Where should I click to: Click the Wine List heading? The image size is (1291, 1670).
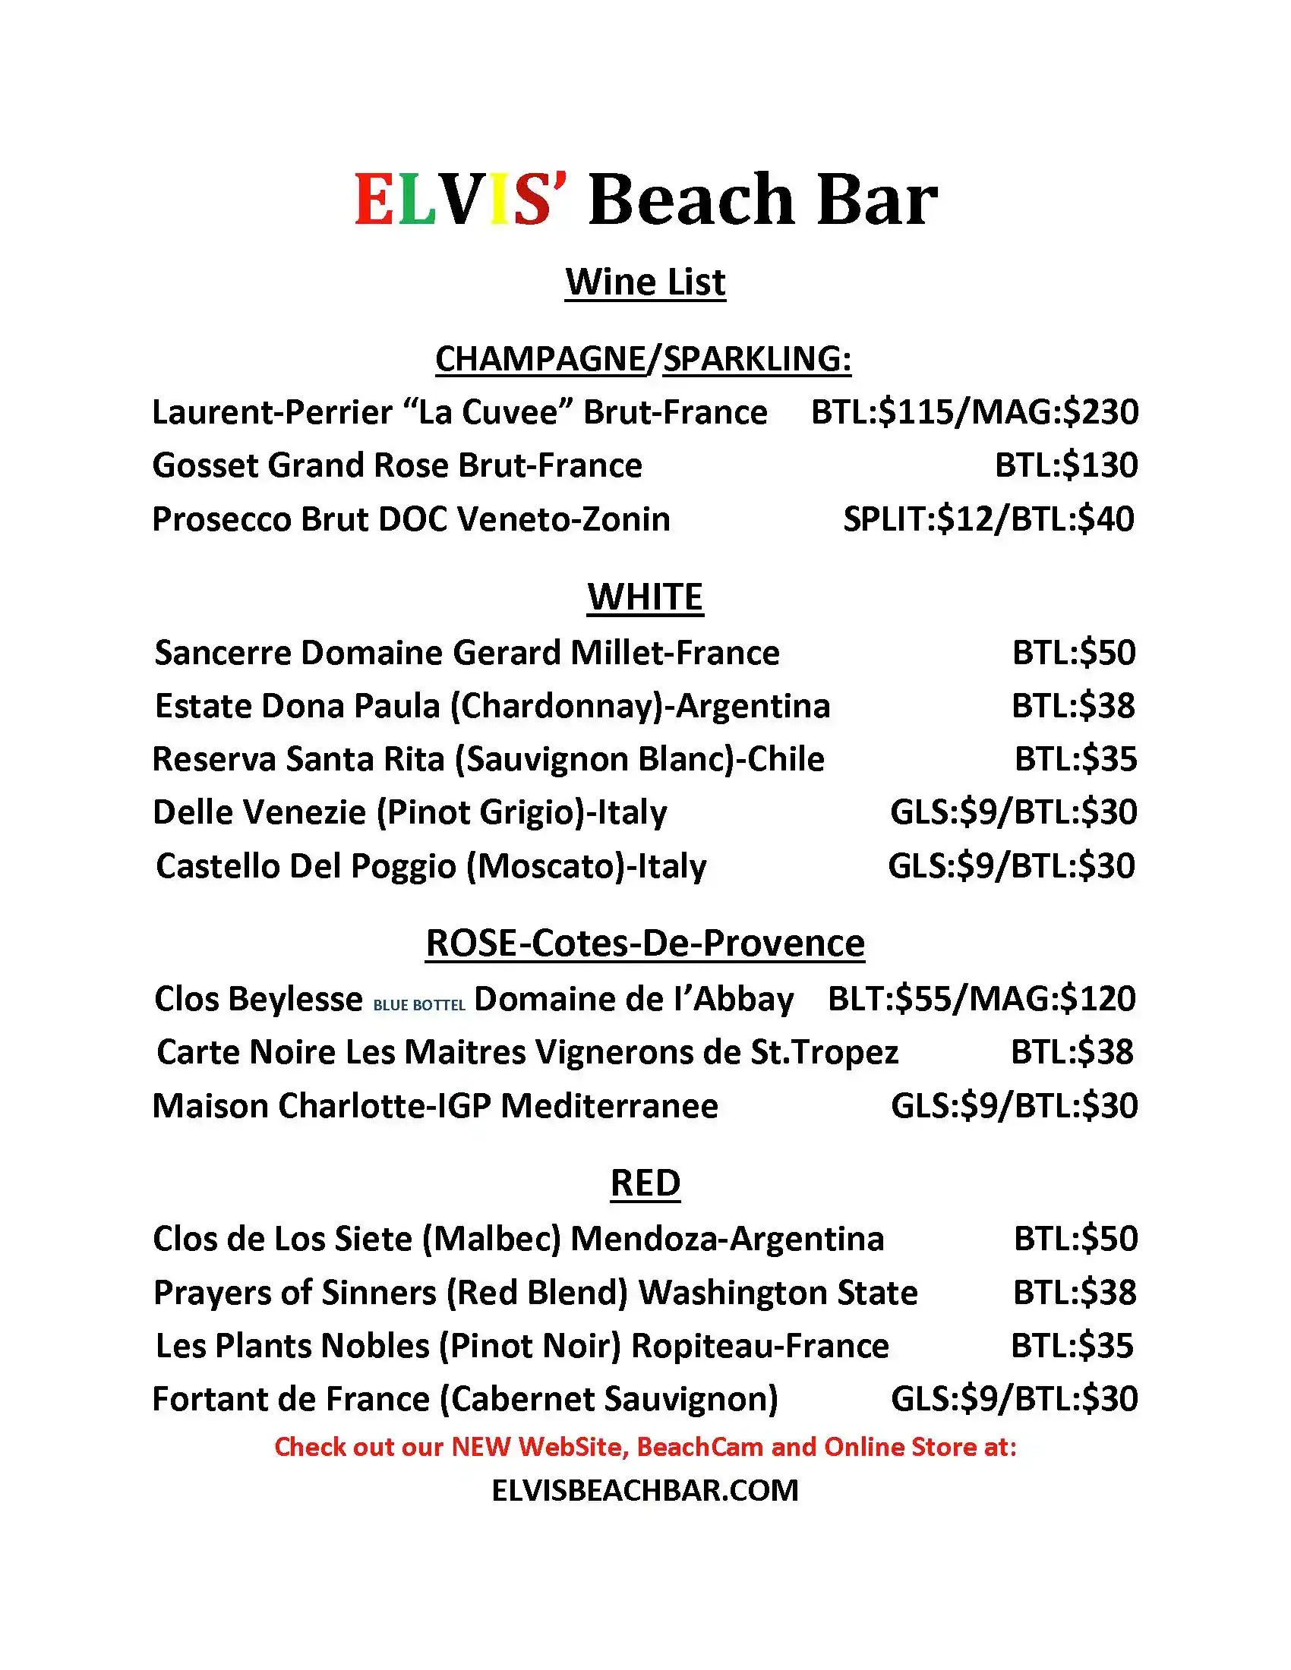pos(645,282)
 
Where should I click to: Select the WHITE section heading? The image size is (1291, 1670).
pos(645,597)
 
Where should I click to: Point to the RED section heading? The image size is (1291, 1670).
pos(645,1183)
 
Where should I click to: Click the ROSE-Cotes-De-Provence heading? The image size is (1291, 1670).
pos(645,943)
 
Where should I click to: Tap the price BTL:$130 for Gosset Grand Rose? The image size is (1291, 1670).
pos(1066,465)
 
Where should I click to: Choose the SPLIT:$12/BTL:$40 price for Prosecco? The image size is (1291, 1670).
pos(988,519)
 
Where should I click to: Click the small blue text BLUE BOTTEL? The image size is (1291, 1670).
pos(419,1006)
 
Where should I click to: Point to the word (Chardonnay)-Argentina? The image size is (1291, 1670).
pos(640,706)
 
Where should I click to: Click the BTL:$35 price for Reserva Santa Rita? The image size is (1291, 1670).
pos(1075,759)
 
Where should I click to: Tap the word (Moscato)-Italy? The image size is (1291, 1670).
pos(586,866)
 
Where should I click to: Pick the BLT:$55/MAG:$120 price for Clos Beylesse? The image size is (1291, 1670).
pos(981,999)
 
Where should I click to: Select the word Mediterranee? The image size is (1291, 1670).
pos(609,1106)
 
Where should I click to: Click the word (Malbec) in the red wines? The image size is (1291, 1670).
pos(492,1239)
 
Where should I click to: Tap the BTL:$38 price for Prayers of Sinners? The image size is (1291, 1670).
pos(1075,1292)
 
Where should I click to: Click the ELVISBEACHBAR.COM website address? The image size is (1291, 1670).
pos(645,1490)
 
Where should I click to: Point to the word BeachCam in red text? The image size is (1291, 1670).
pos(700,1447)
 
